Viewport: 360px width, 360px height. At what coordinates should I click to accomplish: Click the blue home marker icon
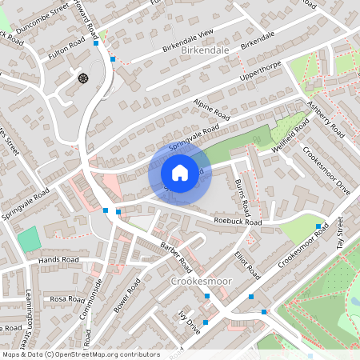point(180,172)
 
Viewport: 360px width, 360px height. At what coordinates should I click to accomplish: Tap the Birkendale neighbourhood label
point(206,50)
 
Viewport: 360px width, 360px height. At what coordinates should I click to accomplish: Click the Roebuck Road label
point(238,220)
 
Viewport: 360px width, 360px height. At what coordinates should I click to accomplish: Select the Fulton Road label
point(66,51)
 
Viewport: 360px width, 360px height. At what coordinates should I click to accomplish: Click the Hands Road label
point(59,261)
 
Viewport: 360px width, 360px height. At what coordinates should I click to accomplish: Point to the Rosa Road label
point(68,298)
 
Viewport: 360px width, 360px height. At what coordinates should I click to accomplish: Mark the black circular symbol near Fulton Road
point(82,78)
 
